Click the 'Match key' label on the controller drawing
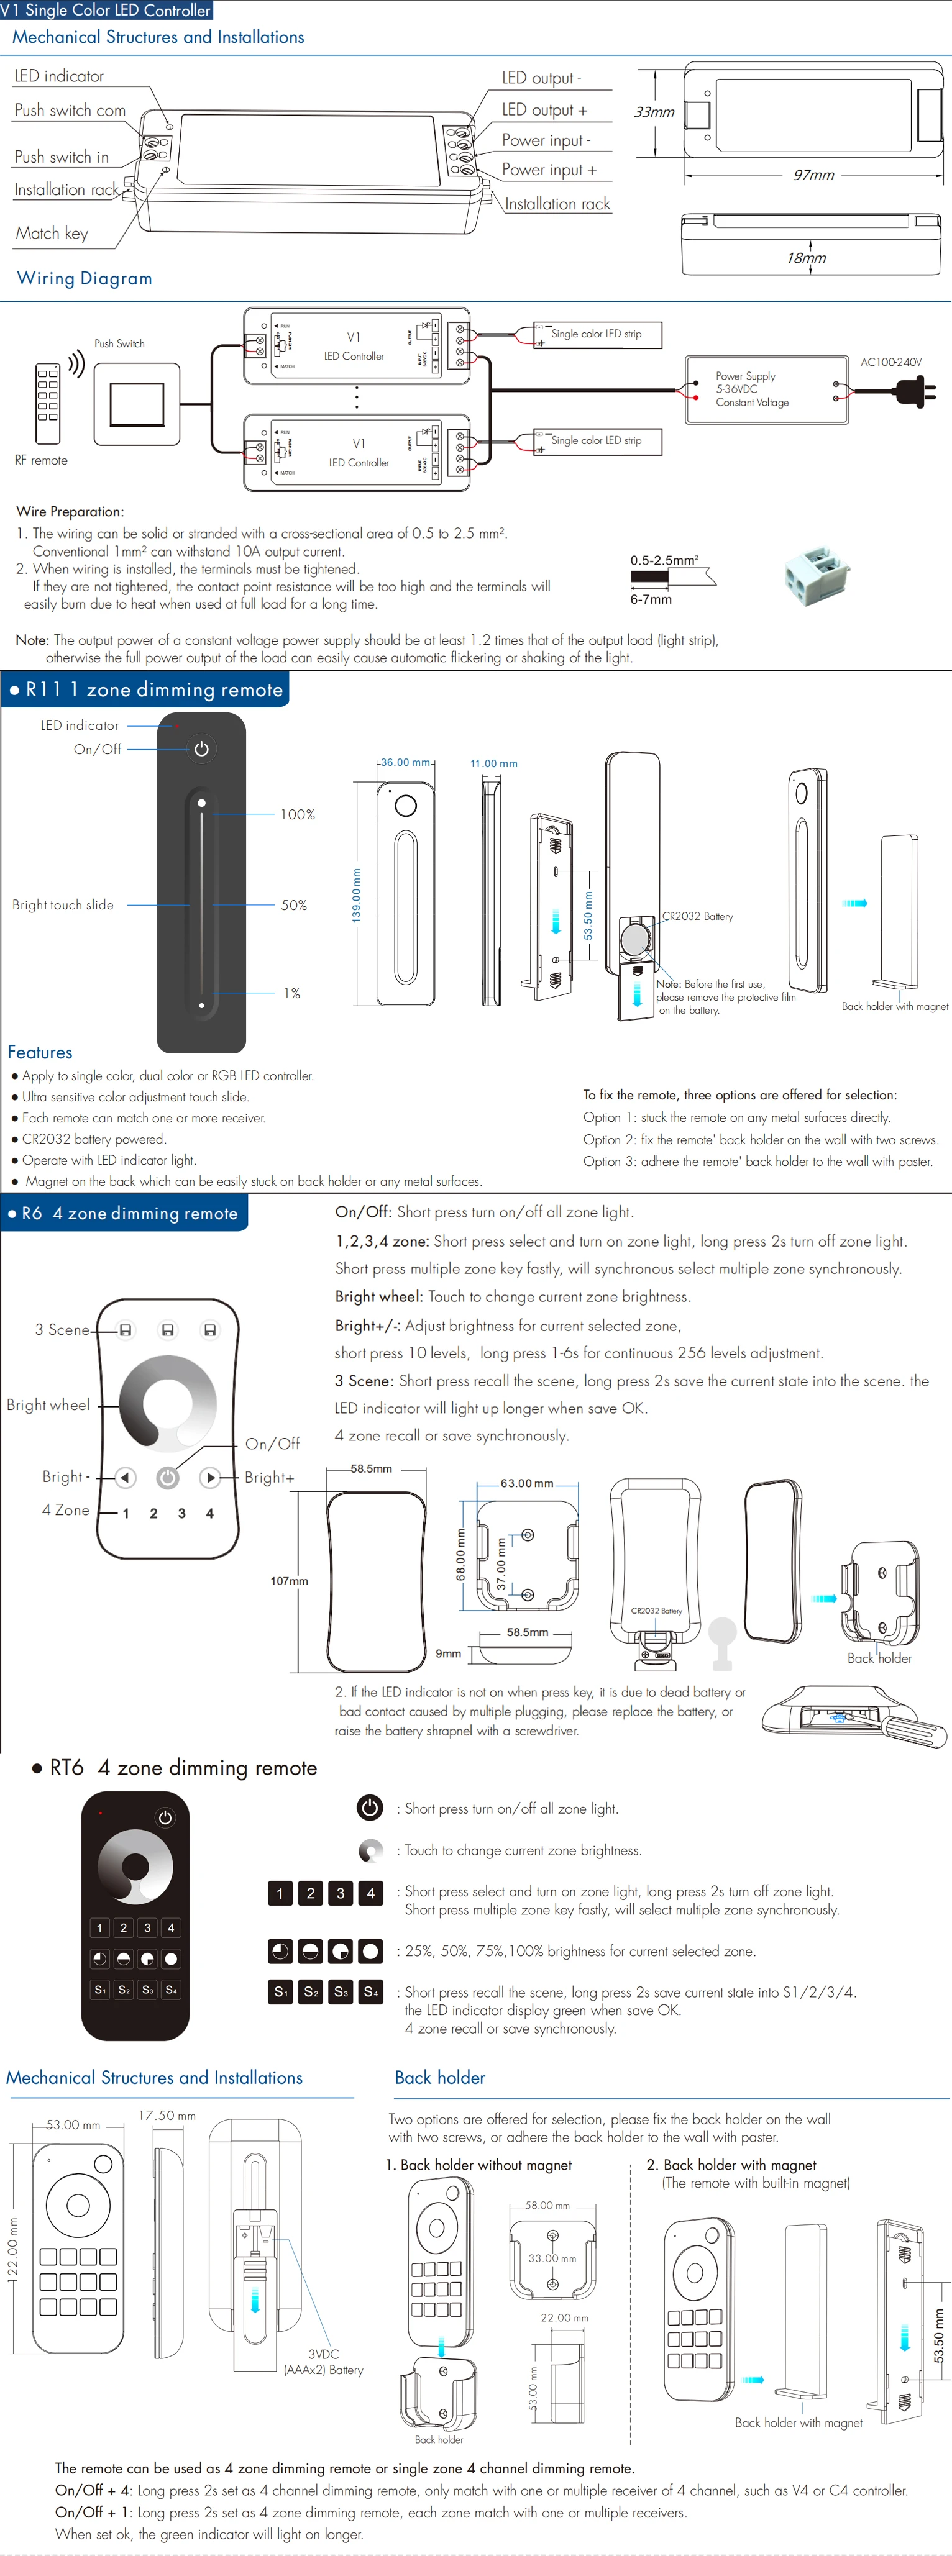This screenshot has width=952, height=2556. point(52,233)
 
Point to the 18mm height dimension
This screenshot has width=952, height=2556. point(806,258)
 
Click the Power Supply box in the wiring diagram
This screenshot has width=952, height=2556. point(766,390)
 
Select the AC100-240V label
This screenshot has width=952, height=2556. point(890,362)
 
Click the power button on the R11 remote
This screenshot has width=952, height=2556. point(201,749)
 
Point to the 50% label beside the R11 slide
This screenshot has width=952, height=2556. point(294,905)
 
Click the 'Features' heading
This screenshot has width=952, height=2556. point(40,1052)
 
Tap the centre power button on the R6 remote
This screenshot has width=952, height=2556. point(168,1478)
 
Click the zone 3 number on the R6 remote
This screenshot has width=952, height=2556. point(181,1513)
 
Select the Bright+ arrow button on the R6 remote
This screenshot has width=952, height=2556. point(209,1478)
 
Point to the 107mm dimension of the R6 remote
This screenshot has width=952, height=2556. point(289,1581)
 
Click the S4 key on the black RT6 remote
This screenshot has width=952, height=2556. point(171,1990)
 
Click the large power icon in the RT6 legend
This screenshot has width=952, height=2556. point(369,1808)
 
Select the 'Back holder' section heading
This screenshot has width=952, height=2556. point(440,2076)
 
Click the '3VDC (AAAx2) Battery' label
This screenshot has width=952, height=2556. point(324,2362)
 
